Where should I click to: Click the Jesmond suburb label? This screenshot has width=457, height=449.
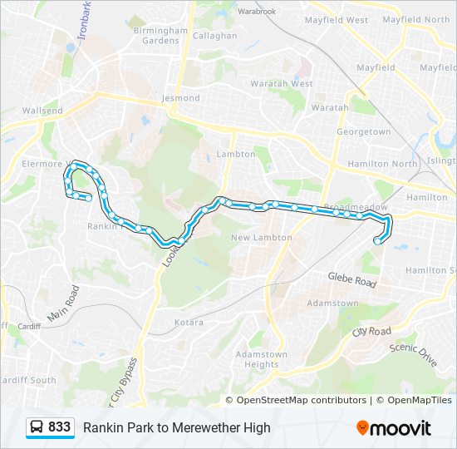181,98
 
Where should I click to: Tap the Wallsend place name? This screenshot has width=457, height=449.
42,111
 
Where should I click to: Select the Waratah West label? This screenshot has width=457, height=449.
289,84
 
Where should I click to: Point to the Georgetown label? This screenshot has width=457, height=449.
363,132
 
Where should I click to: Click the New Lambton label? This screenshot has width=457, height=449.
262,238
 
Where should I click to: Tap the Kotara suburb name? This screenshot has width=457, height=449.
189,322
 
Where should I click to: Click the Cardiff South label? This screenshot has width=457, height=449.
28,380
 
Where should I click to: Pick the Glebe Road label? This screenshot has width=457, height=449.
352,279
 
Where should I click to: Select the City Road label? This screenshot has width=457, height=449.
371,332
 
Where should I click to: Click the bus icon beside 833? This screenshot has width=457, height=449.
37,427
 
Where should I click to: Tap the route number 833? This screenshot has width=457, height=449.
59,427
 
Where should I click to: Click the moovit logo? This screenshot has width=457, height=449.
394,428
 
